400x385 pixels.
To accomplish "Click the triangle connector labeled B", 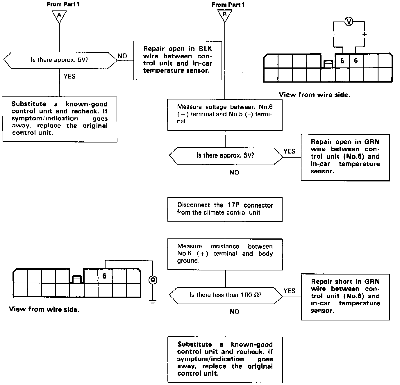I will (x=224, y=15).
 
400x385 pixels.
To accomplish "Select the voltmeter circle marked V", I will (x=349, y=22).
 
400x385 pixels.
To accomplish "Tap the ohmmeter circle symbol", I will (x=153, y=280).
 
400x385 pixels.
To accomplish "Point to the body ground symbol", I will (x=153, y=302).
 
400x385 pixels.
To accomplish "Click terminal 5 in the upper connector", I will (x=342, y=61).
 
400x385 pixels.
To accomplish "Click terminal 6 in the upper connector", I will (x=356, y=61).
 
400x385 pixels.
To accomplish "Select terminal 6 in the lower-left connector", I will (x=104, y=276).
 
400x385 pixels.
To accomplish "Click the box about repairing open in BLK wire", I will (x=177, y=60).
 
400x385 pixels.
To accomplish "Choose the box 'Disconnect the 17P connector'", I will (x=225, y=209).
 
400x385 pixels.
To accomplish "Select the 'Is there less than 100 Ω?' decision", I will (x=226, y=295).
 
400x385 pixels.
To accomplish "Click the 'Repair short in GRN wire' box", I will (x=345, y=297).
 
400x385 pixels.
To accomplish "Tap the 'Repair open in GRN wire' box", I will (x=345, y=157).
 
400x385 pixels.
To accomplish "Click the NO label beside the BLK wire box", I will (x=122, y=56).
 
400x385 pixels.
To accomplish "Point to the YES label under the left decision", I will (x=69, y=76).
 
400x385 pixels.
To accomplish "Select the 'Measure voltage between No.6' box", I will (x=225, y=115).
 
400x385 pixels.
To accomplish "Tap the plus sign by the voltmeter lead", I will (x=365, y=34).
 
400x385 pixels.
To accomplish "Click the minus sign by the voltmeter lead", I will (x=333, y=34).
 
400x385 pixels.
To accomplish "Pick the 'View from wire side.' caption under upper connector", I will (x=315, y=95).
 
